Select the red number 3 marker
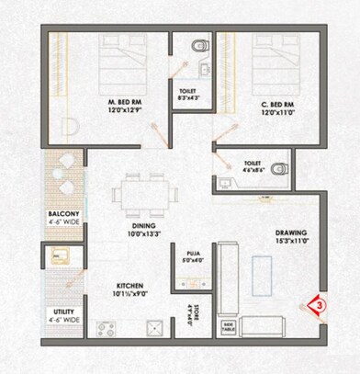317,300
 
